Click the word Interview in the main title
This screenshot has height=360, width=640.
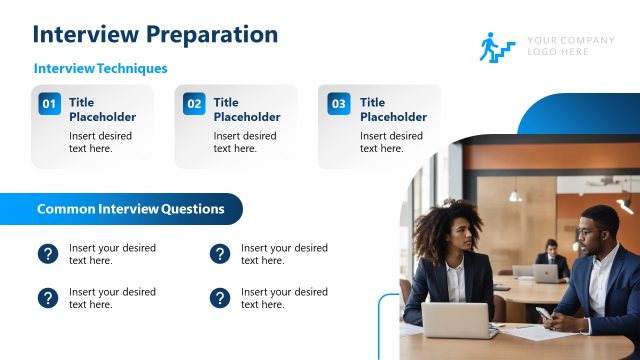click(85, 34)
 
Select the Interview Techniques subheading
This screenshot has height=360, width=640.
click(100, 69)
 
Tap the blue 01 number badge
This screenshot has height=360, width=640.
click(49, 104)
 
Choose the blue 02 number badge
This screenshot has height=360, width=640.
click(194, 104)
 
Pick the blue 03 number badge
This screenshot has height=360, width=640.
click(339, 104)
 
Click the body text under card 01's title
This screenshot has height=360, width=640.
click(100, 142)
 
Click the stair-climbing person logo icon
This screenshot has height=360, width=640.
click(496, 47)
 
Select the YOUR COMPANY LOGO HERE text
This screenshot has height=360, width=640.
click(571, 46)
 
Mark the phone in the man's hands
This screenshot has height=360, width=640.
click(543, 314)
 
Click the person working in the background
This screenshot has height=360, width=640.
click(549, 258)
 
